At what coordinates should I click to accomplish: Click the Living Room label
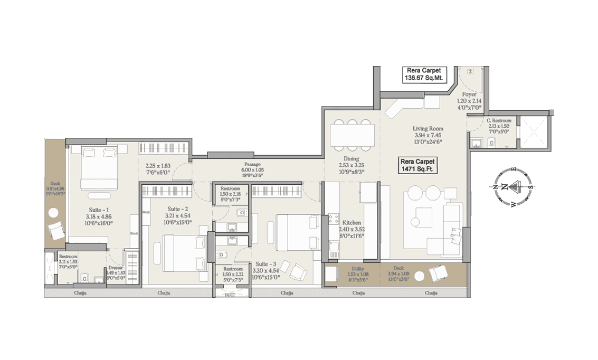[x=428, y=128]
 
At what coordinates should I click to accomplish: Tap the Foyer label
[x=469, y=94]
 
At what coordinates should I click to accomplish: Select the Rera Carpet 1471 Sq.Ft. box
[x=417, y=165]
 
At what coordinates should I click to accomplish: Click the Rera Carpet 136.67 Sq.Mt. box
[x=424, y=74]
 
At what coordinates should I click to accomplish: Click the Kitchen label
[x=351, y=223]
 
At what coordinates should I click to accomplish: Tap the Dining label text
[x=351, y=158]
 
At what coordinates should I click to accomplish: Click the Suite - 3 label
[x=265, y=263]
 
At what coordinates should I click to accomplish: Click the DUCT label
[x=230, y=296]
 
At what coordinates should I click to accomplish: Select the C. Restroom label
[x=498, y=121]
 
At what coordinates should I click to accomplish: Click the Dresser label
[x=116, y=268]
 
